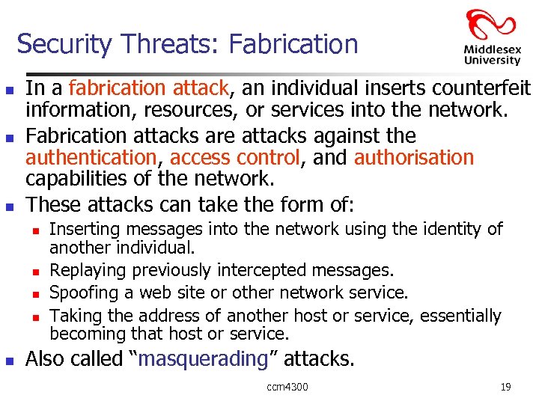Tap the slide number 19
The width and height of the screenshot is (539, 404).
click(x=505, y=387)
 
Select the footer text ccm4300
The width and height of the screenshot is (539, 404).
click(x=287, y=387)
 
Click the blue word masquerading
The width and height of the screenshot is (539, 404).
click(x=204, y=359)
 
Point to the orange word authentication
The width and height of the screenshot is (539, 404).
click(x=91, y=158)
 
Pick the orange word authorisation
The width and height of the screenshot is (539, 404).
click(x=414, y=158)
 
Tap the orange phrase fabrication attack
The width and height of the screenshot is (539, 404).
click(x=148, y=88)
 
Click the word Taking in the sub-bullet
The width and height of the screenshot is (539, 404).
click(x=73, y=316)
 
